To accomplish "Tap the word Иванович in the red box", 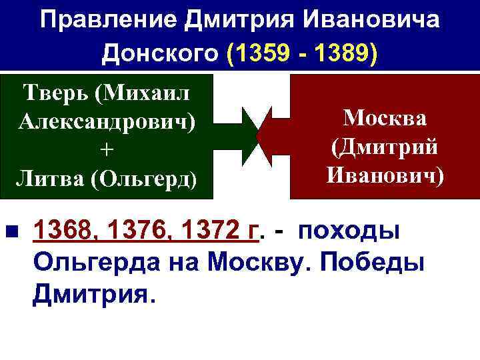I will pos(385,176).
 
